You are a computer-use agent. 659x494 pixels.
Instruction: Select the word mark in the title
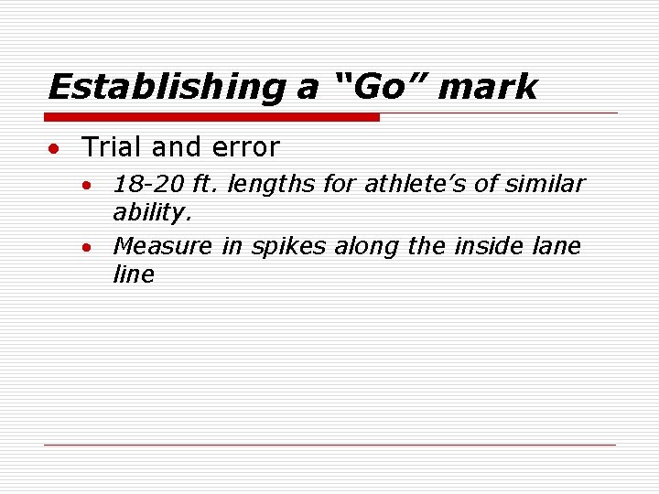tap(488, 87)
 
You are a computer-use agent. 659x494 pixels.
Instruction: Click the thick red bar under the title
tap(211, 117)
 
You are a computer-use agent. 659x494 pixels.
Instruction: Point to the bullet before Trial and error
tap(57, 148)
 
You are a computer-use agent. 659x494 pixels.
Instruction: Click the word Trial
tap(111, 146)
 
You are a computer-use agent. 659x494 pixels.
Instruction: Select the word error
tap(244, 146)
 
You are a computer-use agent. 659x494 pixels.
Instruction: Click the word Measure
tap(163, 246)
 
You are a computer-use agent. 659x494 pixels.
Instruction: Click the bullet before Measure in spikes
tap(85, 248)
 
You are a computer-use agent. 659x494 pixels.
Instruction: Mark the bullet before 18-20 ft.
tap(85, 186)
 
